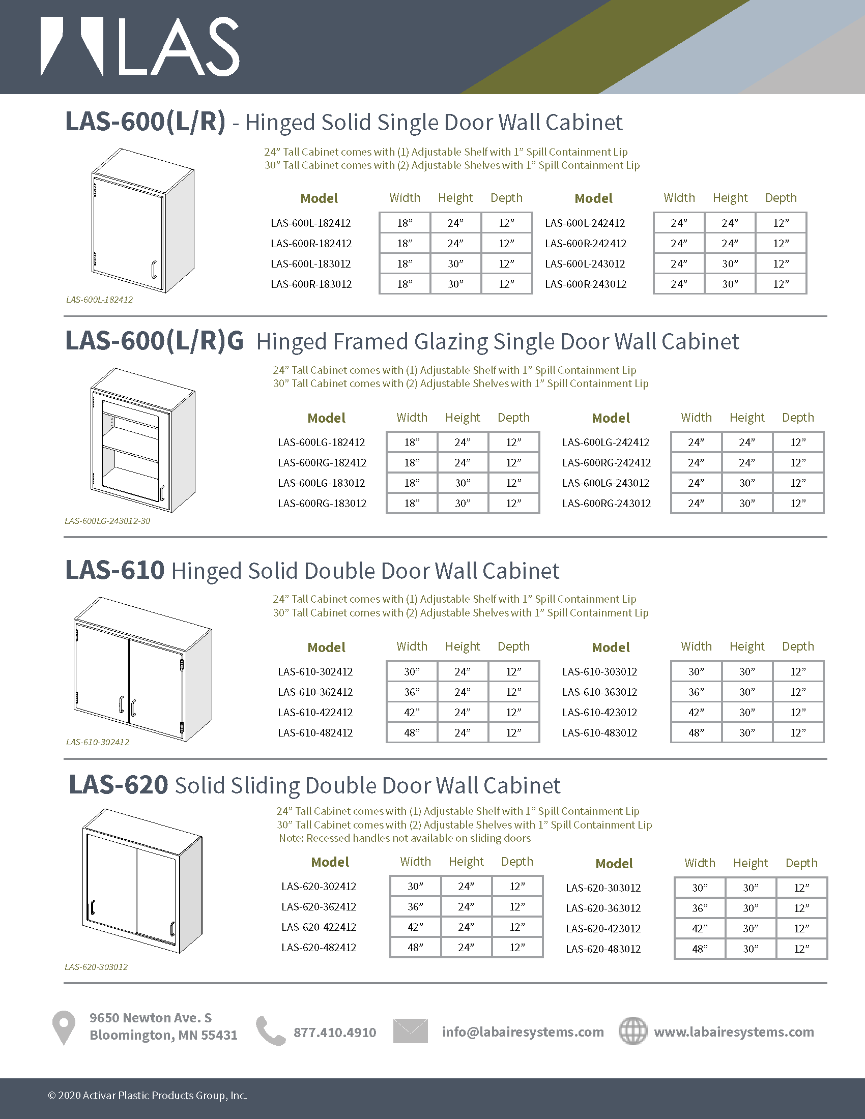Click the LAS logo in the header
click(x=140, y=47)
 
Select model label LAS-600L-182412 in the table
click(x=310, y=223)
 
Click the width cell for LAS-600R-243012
click(x=678, y=284)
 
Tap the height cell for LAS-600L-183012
click(x=455, y=264)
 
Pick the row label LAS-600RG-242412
click(x=606, y=463)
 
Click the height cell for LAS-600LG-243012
click(x=746, y=483)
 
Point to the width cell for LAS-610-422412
click(x=412, y=713)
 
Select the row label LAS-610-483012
click(x=599, y=733)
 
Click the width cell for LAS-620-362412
click(x=415, y=907)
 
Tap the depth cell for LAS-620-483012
click(x=801, y=949)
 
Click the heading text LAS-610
click(x=115, y=570)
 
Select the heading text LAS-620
click(x=119, y=785)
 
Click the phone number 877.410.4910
click(x=335, y=1033)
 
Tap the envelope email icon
click(x=410, y=1031)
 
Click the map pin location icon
click(x=64, y=1027)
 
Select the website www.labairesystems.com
click(x=734, y=1032)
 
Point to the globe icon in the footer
click(x=633, y=1031)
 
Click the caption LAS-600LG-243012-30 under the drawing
click(x=107, y=521)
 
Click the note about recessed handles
click(x=405, y=838)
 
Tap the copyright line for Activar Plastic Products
click(x=148, y=1096)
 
